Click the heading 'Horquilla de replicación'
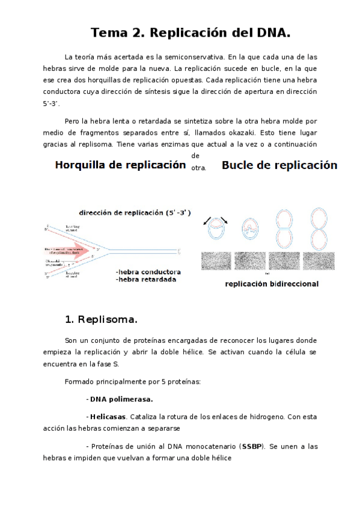pyautogui.click(x=120, y=165)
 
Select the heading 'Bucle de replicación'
pyautogui.click(x=279, y=165)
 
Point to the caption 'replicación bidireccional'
pyautogui.click(x=271, y=284)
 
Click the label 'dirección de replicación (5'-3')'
pyautogui.click(x=135, y=213)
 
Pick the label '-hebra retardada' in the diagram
pyautogui.click(x=146, y=280)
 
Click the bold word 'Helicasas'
pyautogui.click(x=108, y=416)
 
